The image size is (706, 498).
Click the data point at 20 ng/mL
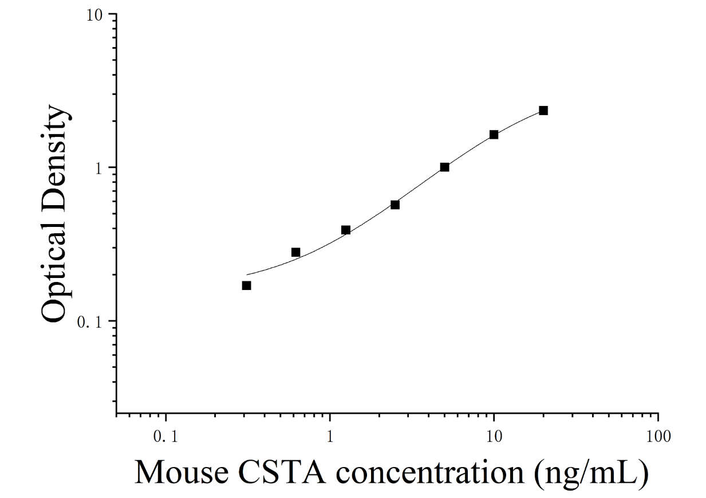point(543,111)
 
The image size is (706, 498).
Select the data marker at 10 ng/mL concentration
point(494,135)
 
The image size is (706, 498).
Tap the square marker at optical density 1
point(445,167)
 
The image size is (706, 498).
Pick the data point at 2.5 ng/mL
point(395,205)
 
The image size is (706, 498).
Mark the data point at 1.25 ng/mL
point(346,230)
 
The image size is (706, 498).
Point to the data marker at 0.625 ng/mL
point(296,252)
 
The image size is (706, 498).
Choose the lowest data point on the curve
point(247,286)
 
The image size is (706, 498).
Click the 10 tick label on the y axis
point(95,15)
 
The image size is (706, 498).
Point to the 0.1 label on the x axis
point(166,437)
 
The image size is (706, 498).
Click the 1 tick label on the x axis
point(330,437)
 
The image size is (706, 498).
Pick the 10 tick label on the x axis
point(494,437)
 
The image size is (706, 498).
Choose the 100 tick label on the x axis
point(658,437)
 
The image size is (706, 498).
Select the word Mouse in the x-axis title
point(182,472)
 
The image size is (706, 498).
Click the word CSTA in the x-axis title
point(282,472)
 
